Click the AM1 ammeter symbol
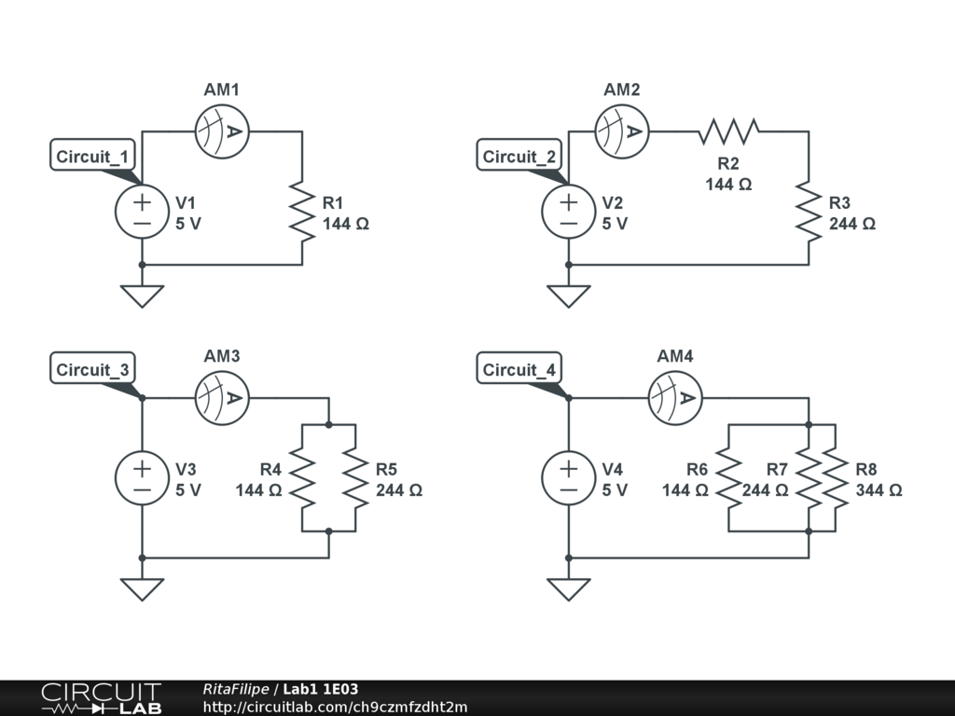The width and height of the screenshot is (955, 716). pos(222,131)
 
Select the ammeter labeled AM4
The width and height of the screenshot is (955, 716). pos(675,398)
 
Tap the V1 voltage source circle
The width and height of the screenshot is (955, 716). pos(142,212)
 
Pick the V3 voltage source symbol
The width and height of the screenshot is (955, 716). pos(142,478)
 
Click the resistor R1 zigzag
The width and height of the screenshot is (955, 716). pos(302,212)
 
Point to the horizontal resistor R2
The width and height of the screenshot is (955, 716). pos(728,131)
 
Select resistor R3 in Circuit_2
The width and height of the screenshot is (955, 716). pos(809,212)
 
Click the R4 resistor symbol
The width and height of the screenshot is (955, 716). pos(302,478)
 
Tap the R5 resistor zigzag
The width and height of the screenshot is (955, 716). pos(355,478)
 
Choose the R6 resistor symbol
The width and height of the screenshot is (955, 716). pos(728,478)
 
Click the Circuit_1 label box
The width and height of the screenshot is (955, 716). pos(92,156)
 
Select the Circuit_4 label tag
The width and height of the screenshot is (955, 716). pos(519,368)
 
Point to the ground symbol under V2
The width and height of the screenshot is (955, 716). pos(568,296)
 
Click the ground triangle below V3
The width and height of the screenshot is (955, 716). pos(142,589)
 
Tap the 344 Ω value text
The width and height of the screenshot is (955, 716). pos(879,490)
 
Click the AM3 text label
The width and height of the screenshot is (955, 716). pos(222,356)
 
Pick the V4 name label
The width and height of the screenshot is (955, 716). pos(612,470)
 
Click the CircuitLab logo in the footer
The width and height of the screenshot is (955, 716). pos(101,698)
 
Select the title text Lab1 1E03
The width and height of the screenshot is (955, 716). pos(321,689)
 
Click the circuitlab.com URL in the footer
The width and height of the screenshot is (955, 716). pos(335,708)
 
